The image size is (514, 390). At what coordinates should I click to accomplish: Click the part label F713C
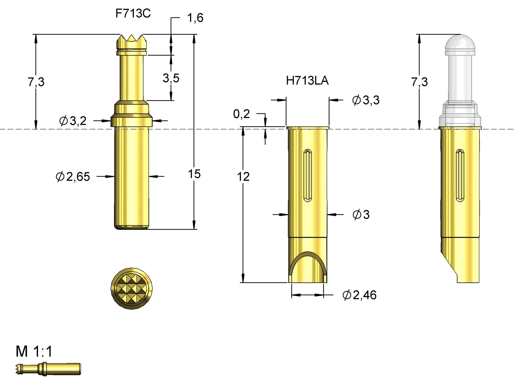(x=133, y=13)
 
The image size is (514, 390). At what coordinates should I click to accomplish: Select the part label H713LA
(x=307, y=81)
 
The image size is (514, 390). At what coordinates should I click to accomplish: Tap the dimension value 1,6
(x=195, y=18)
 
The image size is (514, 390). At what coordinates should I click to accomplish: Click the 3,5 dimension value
(x=171, y=78)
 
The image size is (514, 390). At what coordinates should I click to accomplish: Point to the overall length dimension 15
(x=194, y=174)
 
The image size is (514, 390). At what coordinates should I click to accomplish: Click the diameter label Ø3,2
(x=73, y=121)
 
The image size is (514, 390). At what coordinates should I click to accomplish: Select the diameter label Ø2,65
(x=73, y=177)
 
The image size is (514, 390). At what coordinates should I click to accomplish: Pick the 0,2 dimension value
(x=241, y=114)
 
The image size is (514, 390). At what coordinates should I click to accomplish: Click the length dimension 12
(x=243, y=177)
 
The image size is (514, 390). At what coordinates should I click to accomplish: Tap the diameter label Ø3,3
(x=366, y=100)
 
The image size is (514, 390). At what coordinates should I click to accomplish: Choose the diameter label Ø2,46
(x=360, y=295)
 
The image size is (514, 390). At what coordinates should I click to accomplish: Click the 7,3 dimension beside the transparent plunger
(x=419, y=82)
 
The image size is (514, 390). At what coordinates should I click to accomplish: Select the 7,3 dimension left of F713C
(x=36, y=82)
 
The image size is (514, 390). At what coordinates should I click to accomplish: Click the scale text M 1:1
(x=34, y=351)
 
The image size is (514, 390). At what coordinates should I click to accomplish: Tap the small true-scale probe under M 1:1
(x=48, y=369)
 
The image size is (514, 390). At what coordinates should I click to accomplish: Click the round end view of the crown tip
(x=131, y=289)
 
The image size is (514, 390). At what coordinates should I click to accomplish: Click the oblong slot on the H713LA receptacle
(x=308, y=175)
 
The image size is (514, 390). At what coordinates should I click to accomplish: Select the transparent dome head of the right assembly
(x=460, y=44)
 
